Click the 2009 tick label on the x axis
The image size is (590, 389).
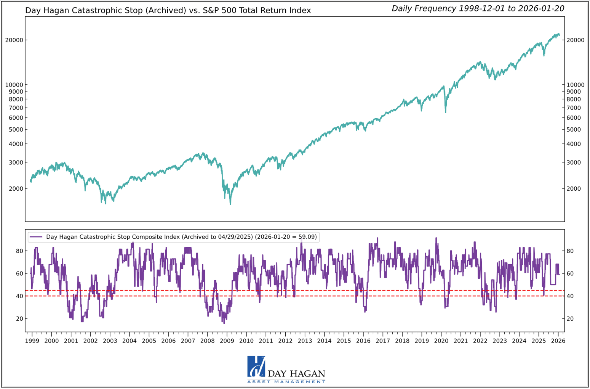227,341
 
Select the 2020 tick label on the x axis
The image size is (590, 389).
441,341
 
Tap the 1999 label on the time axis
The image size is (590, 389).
32,341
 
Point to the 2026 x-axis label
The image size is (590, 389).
558,341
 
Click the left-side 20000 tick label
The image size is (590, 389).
14,40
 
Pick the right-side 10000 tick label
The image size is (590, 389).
576,85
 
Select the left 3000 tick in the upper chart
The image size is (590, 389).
16,162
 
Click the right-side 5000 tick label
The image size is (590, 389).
574,130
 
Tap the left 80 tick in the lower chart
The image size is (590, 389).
19,251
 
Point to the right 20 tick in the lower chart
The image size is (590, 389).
570,319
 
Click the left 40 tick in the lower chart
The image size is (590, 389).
19,296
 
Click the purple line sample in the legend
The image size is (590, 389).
36,237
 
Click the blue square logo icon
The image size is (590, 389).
256,366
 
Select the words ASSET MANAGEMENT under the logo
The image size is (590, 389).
286,382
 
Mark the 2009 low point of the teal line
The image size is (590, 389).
230,204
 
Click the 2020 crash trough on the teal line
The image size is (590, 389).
446,112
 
